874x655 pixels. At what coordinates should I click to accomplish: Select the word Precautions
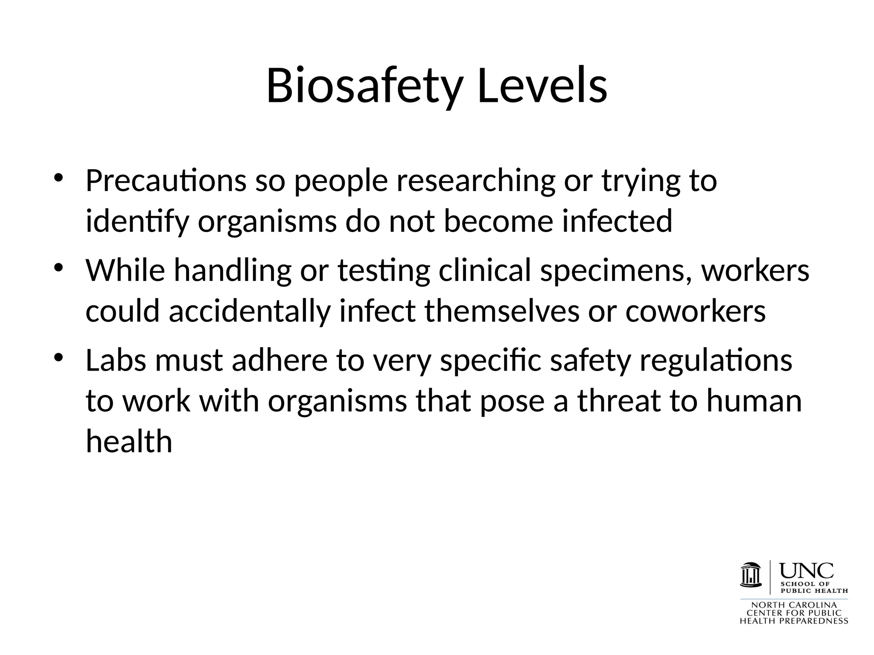pos(166,181)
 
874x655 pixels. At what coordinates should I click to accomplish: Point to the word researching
pos(476,181)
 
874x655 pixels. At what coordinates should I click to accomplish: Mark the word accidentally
pos(250,311)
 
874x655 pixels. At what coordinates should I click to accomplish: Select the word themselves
pos(502,311)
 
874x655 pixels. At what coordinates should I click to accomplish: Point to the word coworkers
pos(696,311)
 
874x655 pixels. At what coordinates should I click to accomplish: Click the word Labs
pos(116,360)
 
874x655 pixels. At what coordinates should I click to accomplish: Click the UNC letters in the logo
pos(807,571)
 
